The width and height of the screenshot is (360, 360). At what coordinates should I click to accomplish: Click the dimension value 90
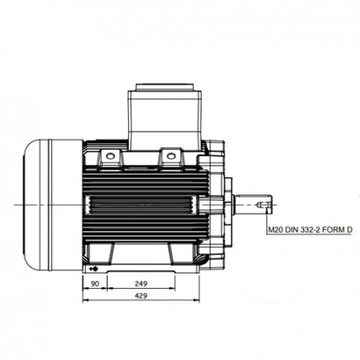[x=94, y=284]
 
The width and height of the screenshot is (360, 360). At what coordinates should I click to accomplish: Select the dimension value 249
[x=141, y=284]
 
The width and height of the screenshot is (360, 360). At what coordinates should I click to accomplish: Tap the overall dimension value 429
[x=141, y=296]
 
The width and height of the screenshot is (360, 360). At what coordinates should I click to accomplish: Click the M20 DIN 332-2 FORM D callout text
[x=310, y=230]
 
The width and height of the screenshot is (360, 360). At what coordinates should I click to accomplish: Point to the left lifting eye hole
[x=110, y=156]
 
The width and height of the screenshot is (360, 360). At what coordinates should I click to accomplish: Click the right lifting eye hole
[x=171, y=156]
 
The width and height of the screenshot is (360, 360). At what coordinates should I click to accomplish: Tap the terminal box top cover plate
[x=165, y=87]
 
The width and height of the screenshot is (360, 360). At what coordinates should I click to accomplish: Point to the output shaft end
[x=254, y=205]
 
